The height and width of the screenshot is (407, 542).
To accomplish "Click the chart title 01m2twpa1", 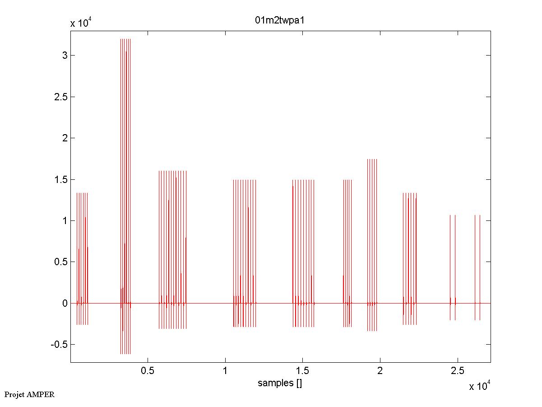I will point(280,21).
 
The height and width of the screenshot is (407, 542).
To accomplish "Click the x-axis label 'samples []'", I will point(280,384).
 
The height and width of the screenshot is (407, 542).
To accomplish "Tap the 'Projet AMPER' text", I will point(29,394).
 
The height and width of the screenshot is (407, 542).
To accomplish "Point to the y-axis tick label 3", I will point(65,55).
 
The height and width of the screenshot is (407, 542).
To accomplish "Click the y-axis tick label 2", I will point(65,138).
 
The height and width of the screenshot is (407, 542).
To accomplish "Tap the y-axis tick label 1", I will point(65,220).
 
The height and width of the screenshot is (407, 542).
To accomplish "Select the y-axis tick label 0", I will point(65,303).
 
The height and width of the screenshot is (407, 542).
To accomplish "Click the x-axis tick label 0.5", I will point(148,371).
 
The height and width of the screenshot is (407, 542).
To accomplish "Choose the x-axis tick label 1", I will point(225,371).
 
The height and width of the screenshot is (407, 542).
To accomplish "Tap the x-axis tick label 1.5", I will point(302,371).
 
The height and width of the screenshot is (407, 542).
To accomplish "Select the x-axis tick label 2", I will point(380,371).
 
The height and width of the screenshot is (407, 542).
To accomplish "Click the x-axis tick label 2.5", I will point(457,371).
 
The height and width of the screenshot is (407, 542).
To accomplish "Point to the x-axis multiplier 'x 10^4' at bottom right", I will point(480,386).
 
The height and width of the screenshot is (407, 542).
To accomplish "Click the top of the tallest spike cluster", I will point(125,40).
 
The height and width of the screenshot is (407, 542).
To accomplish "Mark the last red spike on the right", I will point(480,267).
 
